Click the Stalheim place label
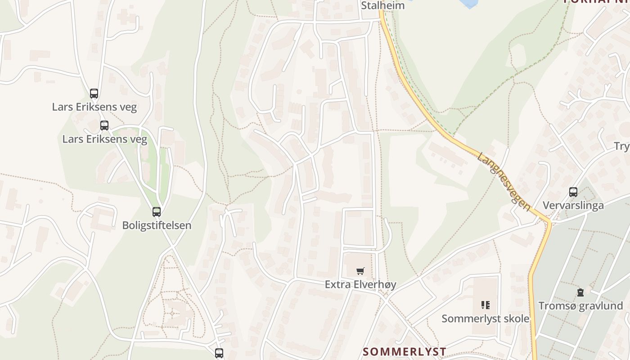click(x=382, y=6)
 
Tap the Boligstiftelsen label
click(x=157, y=225)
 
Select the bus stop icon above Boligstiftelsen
click(x=157, y=211)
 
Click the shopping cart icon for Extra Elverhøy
click(x=360, y=271)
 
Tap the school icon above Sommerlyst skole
click(x=485, y=305)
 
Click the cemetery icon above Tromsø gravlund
click(x=580, y=292)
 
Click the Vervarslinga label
click(x=573, y=206)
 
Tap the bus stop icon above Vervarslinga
click(x=573, y=192)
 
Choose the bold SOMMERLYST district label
click(x=405, y=351)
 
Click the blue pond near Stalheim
click(x=468, y=4)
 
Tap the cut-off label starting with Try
click(x=622, y=146)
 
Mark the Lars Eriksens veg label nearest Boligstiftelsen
click(x=104, y=139)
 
